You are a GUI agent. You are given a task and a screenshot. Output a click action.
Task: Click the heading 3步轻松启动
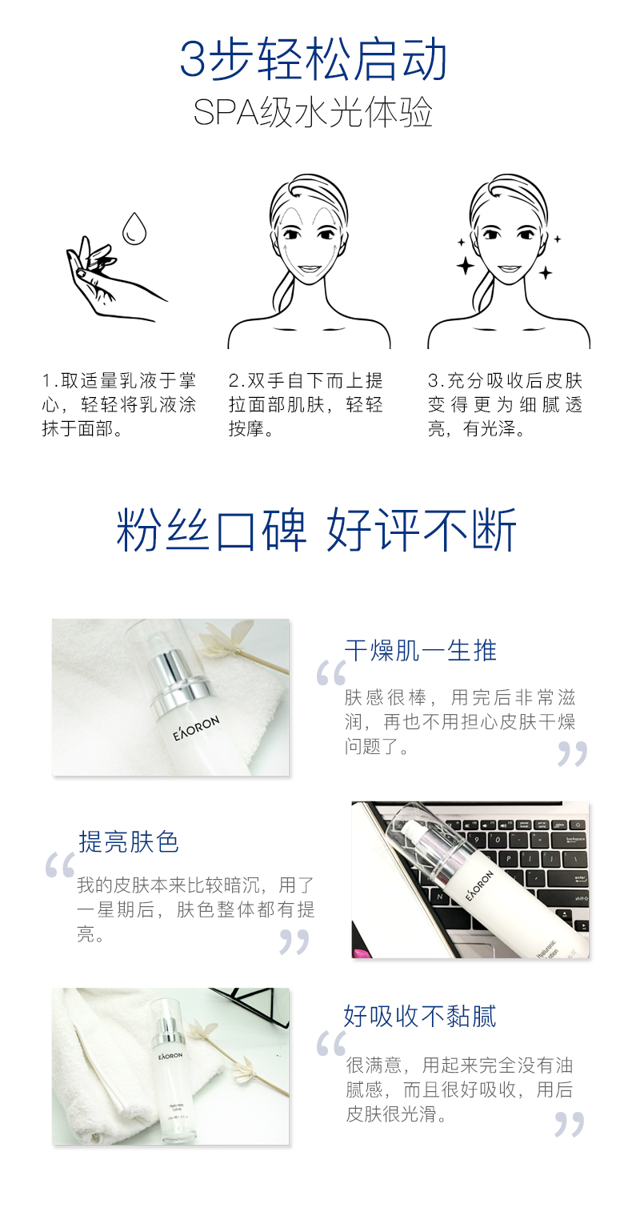tap(313, 58)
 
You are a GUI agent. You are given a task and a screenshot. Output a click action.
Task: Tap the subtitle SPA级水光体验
tap(313, 113)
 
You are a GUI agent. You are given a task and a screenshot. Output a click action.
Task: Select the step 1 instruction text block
tap(118, 405)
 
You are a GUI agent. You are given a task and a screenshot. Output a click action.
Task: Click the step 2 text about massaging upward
tap(306, 405)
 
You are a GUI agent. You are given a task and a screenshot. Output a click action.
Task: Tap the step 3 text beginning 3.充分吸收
tap(505, 405)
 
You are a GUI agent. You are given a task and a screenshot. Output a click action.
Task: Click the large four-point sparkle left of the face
tap(466, 267)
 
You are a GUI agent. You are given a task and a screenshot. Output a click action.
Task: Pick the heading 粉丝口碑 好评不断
tap(316, 530)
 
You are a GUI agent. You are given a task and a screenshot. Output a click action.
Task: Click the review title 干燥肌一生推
tap(420, 650)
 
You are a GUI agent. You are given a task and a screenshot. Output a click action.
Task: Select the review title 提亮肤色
tap(129, 841)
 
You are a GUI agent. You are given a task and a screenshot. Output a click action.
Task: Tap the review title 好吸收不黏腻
tap(420, 1017)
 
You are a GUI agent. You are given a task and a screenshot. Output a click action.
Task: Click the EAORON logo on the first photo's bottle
tap(196, 728)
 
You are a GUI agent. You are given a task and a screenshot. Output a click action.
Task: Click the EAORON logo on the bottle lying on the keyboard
tap(479, 885)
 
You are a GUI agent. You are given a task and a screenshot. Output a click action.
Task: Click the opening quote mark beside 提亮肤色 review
tap(60, 865)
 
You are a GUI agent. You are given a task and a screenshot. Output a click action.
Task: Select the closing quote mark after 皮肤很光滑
tap(569, 1125)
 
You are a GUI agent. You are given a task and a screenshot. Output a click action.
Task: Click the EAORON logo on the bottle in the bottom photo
tap(170, 1056)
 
